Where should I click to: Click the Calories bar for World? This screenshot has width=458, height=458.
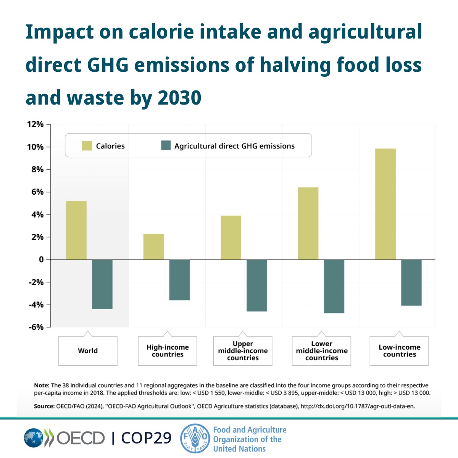(76, 230)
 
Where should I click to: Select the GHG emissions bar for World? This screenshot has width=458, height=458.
(102, 284)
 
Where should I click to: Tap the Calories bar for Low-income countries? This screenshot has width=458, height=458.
(385, 204)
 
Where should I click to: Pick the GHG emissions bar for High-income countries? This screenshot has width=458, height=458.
(179, 280)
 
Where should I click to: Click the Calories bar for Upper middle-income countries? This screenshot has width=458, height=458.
(231, 238)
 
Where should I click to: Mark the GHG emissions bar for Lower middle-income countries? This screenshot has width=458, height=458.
(334, 286)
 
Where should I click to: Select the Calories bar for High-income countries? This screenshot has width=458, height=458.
(153, 247)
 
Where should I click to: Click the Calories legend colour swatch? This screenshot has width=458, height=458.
(87, 145)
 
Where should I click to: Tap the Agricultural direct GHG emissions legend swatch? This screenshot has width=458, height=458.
(166, 145)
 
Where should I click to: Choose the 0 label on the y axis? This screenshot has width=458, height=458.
(41, 260)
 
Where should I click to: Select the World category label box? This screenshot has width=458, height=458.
(88, 351)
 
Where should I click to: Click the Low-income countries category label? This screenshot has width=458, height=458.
(399, 351)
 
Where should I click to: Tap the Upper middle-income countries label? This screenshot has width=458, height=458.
(243, 351)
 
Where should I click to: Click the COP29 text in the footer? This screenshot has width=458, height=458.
(147, 438)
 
